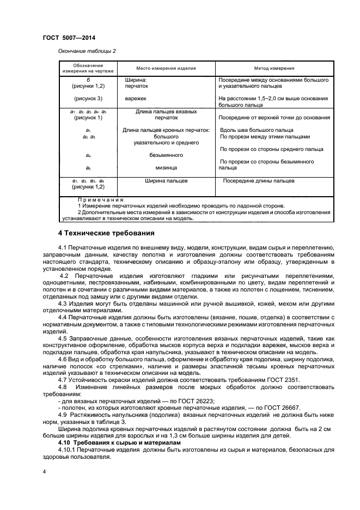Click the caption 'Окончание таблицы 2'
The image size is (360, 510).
point(87,51)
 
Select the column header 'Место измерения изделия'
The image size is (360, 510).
point(166,69)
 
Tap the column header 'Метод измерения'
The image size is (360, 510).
point(274,69)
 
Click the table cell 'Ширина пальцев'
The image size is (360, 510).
point(166,180)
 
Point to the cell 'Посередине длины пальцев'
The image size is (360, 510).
point(258,180)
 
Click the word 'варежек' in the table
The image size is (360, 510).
point(136,99)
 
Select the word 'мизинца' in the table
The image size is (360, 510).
point(166,168)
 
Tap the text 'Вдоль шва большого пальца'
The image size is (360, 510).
point(256,130)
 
